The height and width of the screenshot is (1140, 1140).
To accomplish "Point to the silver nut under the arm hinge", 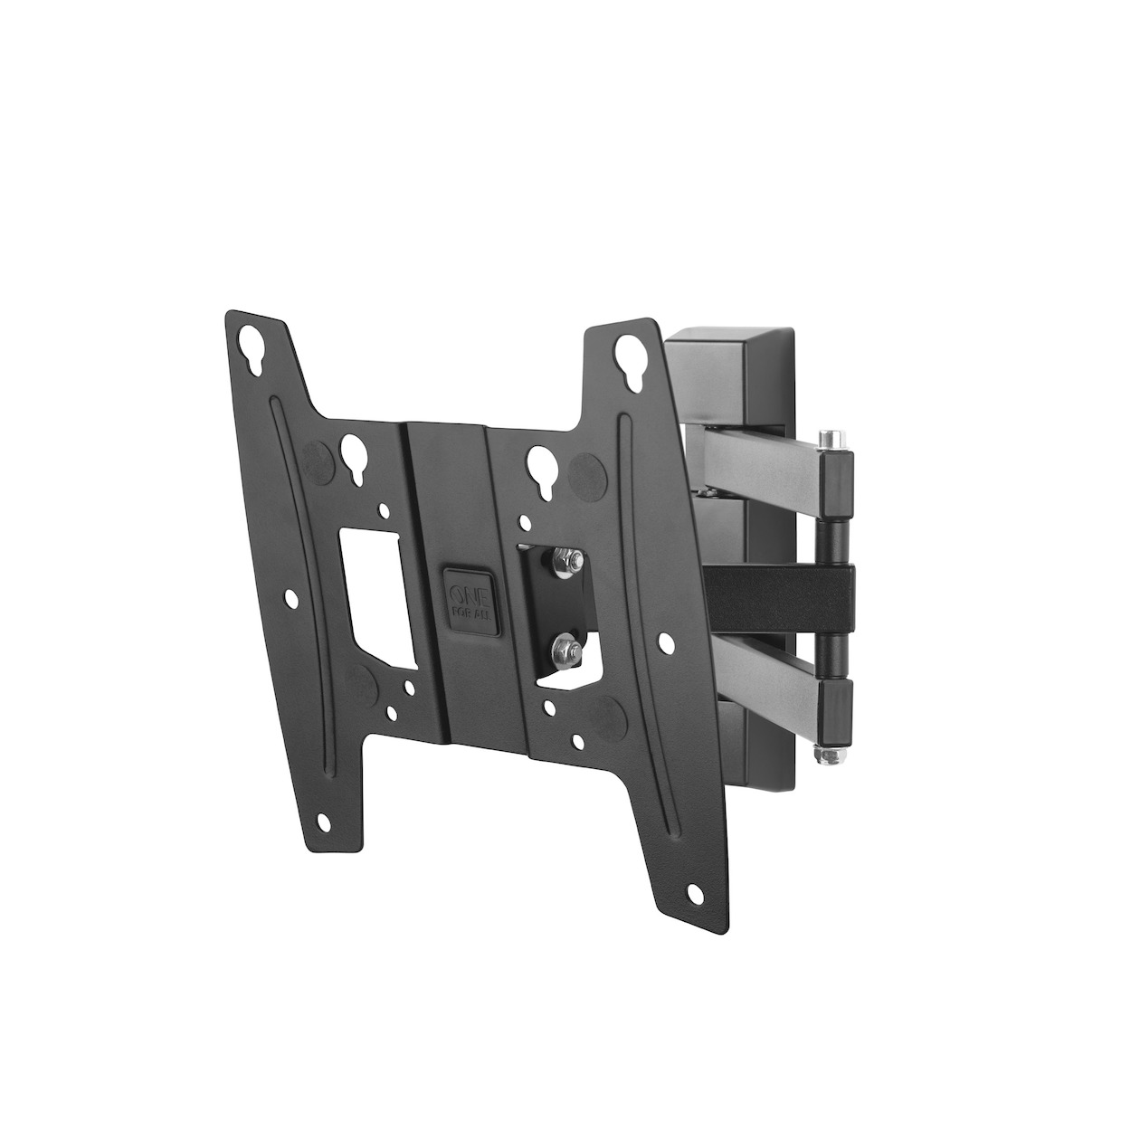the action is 822,755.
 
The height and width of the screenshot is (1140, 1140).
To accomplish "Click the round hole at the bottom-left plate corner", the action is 323,822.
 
